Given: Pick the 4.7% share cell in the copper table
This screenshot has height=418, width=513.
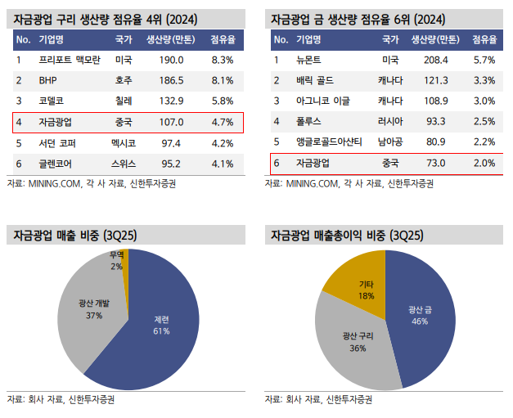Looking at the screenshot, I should pyautogui.click(x=222, y=122).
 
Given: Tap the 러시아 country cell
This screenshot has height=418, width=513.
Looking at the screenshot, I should pyautogui.click(x=390, y=121).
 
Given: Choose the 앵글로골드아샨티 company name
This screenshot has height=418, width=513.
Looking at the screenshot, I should pyautogui.click(x=328, y=142).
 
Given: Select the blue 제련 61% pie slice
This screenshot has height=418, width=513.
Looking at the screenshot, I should pyautogui.click(x=164, y=327).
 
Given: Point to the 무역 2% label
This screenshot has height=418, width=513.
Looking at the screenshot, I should pyautogui.click(x=117, y=259).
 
